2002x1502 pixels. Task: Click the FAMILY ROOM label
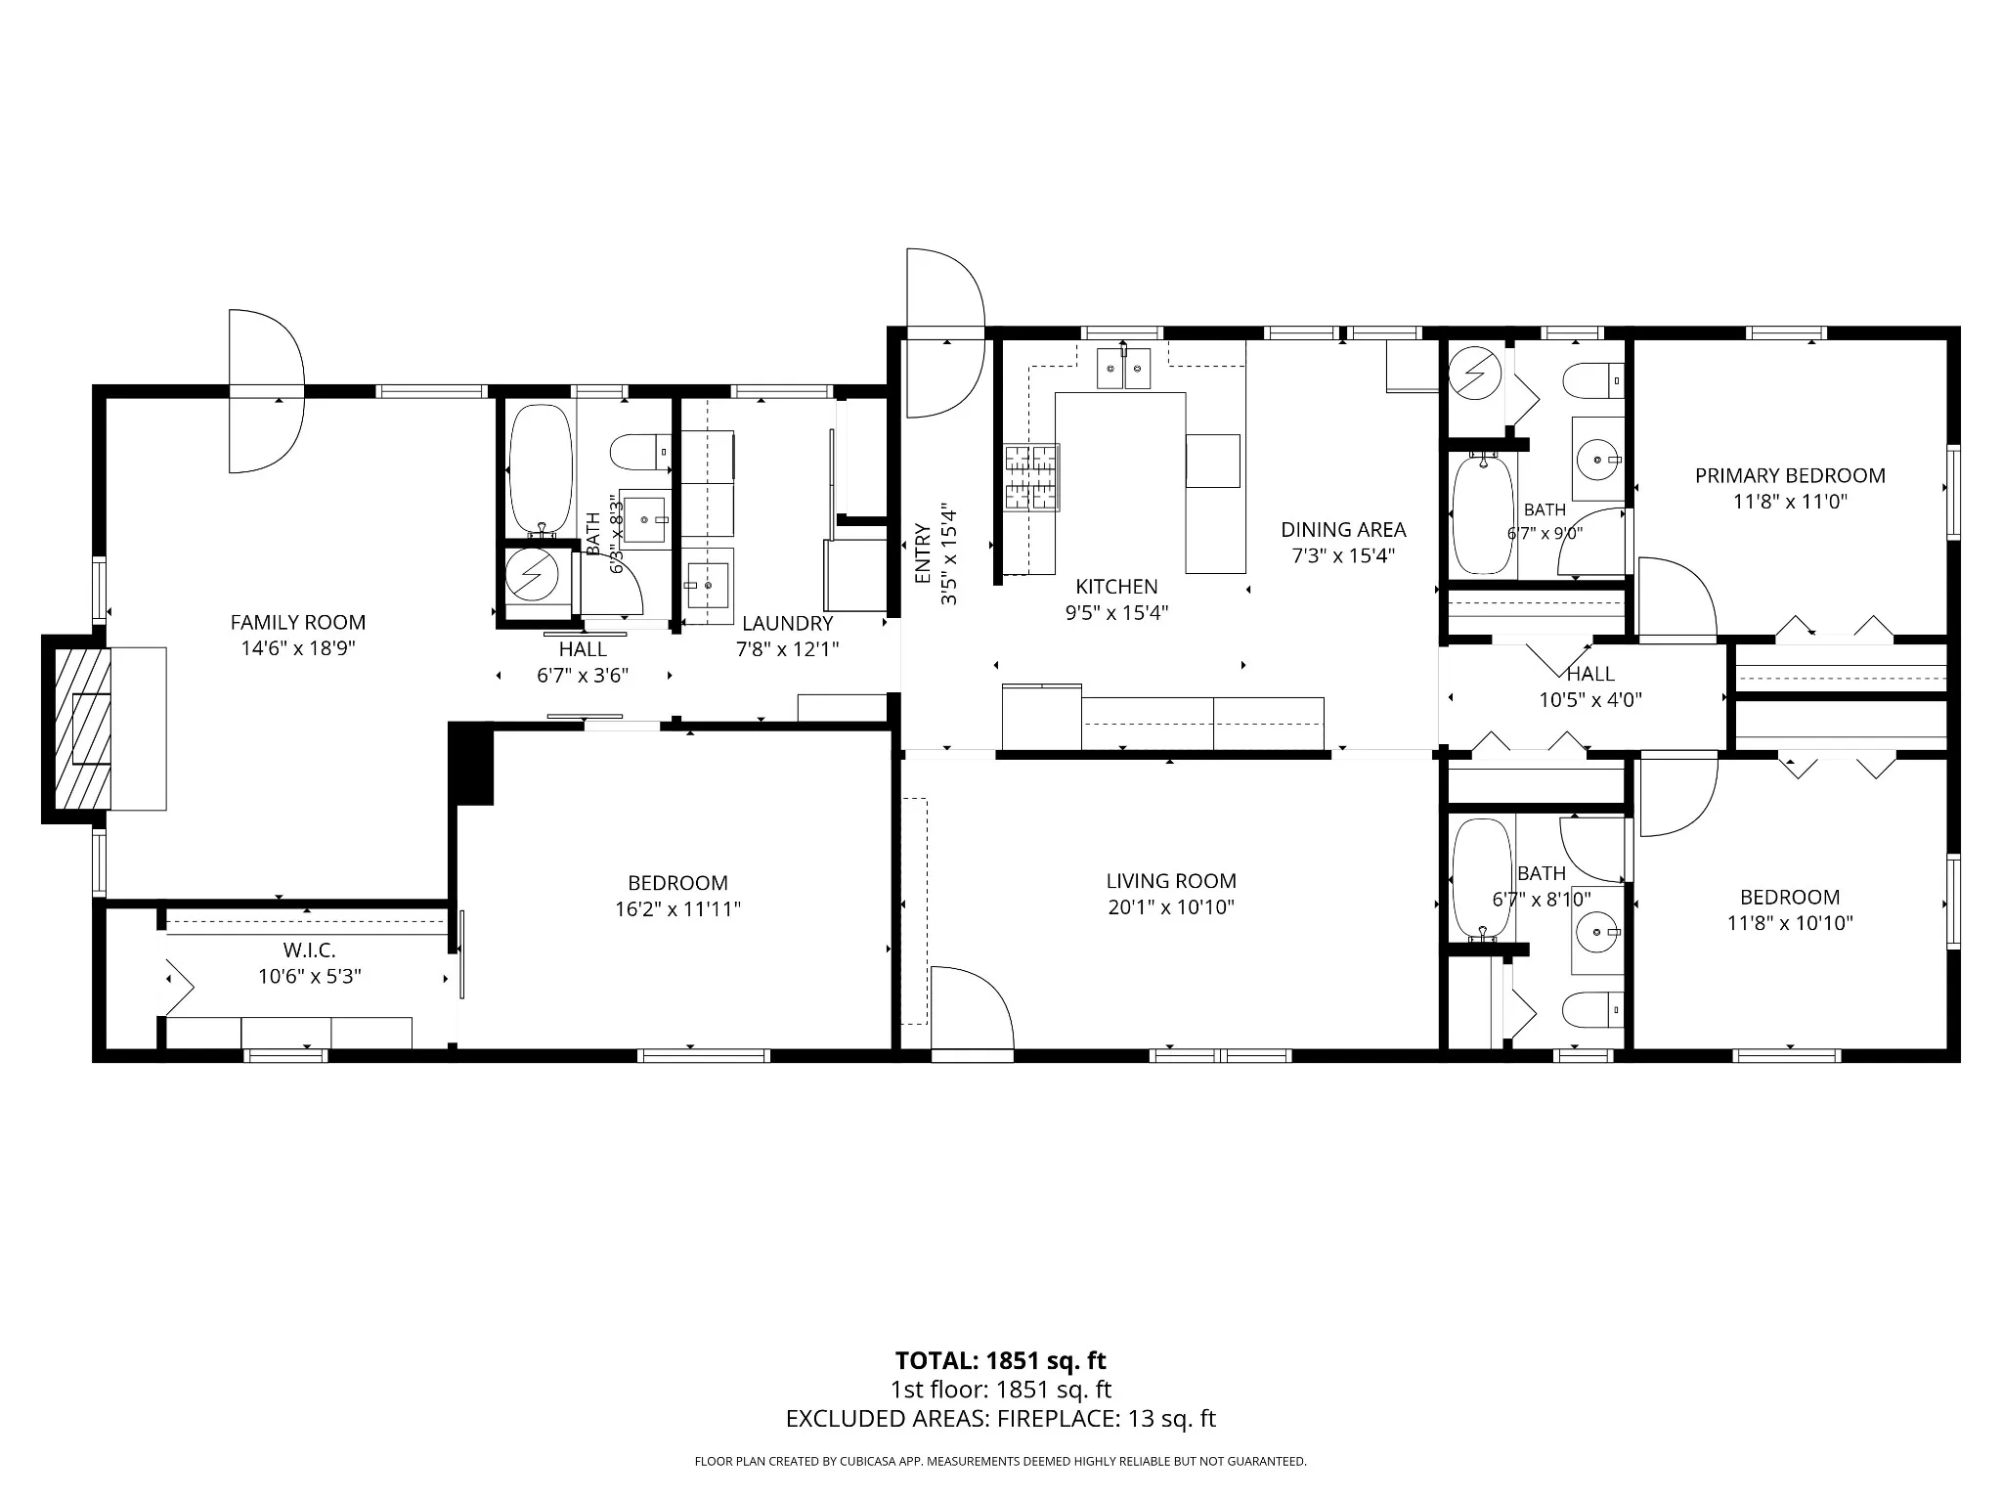point(298,622)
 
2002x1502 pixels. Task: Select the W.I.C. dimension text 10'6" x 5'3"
point(310,976)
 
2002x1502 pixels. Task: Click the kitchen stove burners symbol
point(1031,477)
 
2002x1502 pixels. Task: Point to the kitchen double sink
point(1123,369)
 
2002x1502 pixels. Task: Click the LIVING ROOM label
point(1171,881)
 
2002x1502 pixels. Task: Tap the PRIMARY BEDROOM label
point(1790,476)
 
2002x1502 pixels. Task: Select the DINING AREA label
point(1343,530)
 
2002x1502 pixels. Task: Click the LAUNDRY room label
point(787,623)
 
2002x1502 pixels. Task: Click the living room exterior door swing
point(972,1007)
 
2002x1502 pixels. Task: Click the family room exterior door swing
point(267,391)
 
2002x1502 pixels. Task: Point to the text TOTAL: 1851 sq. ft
point(1000,1360)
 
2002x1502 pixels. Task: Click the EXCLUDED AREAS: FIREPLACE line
point(1000,1419)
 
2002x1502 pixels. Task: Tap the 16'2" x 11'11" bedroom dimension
point(677,909)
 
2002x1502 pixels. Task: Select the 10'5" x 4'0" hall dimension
point(1590,700)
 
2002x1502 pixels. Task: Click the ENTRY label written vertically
point(922,554)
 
